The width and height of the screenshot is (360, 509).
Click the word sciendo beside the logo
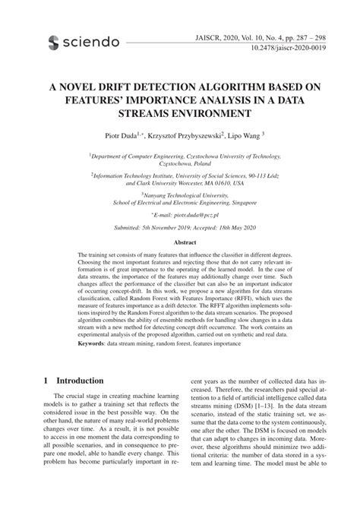[92, 41]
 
